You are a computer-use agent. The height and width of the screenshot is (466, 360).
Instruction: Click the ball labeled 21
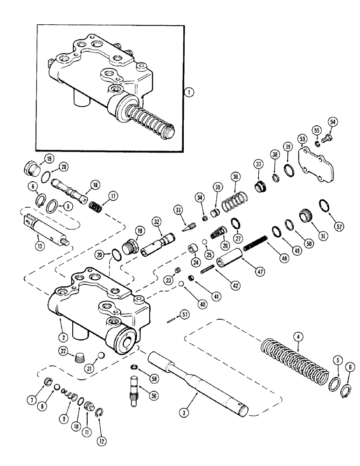pyautogui.click(x=100, y=356)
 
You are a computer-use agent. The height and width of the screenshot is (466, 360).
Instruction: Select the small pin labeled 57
pyautogui.click(x=172, y=319)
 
